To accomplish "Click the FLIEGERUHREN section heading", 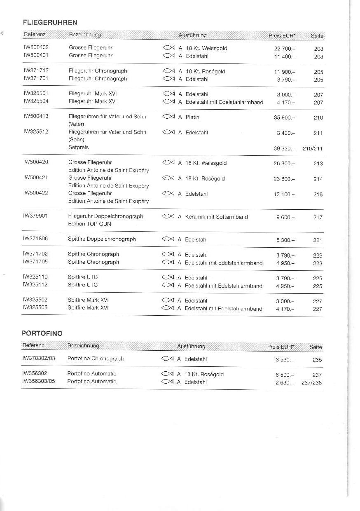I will point(50,22).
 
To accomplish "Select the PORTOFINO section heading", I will point(42,333).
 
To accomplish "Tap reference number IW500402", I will point(36,48).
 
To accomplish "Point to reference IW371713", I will point(36,71).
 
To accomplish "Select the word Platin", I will point(192,117).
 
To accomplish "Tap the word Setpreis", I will point(78,147).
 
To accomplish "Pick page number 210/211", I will point(313,148).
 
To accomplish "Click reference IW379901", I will point(35,216).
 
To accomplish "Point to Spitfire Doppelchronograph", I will point(102,239).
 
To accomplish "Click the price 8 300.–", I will point(285,240).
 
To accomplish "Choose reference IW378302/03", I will point(38,359).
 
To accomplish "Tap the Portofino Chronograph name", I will point(96,359).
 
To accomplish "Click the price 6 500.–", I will point(285,375).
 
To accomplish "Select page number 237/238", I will point(312,383).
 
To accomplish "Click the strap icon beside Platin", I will point(169,117).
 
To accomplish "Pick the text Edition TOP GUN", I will point(89,224).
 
